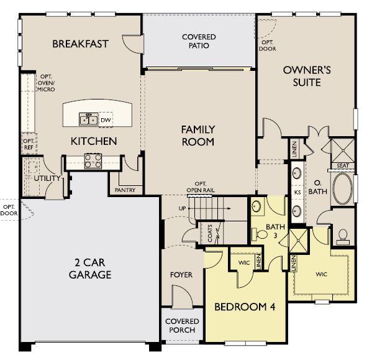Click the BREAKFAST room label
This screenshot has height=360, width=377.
80,44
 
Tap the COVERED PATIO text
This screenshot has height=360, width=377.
199,42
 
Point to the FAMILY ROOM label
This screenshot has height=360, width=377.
198,136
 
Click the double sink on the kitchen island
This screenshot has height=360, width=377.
88,119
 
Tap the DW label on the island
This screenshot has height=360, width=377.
106,119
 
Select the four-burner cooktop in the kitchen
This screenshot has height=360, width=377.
93,161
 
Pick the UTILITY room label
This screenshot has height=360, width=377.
47,178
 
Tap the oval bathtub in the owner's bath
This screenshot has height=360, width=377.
342,188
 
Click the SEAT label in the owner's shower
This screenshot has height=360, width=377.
342,165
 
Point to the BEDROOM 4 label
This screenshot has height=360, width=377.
245,307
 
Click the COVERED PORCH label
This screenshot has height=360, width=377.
181,326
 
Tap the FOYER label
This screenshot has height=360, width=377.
181,274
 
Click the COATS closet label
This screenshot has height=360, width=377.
211,235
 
